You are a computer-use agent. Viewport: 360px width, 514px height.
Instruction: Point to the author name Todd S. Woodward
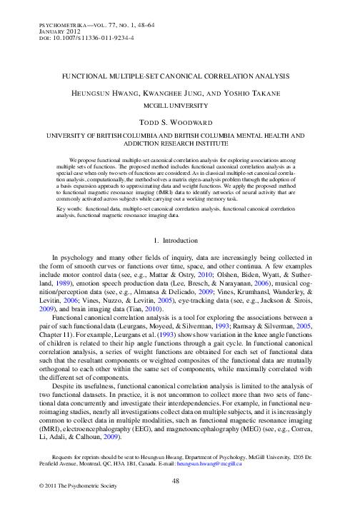tap(179, 122)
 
